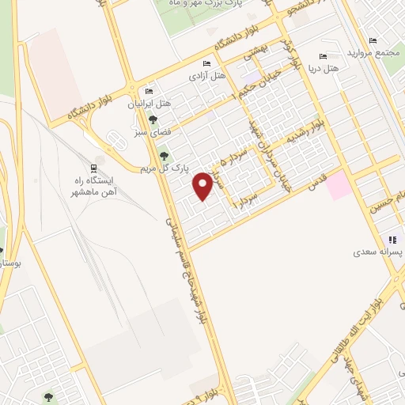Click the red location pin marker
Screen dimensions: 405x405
pos(203,185)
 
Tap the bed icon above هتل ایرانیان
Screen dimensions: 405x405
pos(150,92)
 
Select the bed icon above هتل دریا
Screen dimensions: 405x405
pos(322,56)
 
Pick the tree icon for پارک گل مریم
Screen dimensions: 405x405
pos(164,156)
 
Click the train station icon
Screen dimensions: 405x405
pos(94,168)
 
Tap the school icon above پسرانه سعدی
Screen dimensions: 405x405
pos(392,240)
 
